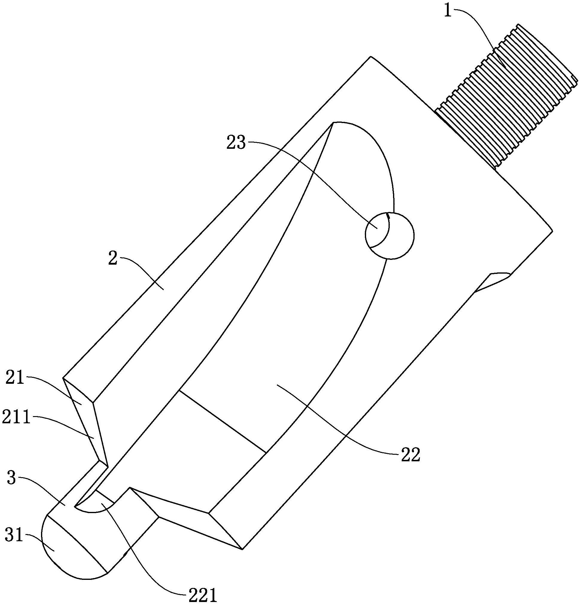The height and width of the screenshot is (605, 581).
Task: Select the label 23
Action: point(236,143)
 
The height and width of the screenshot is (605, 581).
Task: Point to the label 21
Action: point(15,378)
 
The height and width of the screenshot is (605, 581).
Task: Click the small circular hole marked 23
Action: point(390,235)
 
